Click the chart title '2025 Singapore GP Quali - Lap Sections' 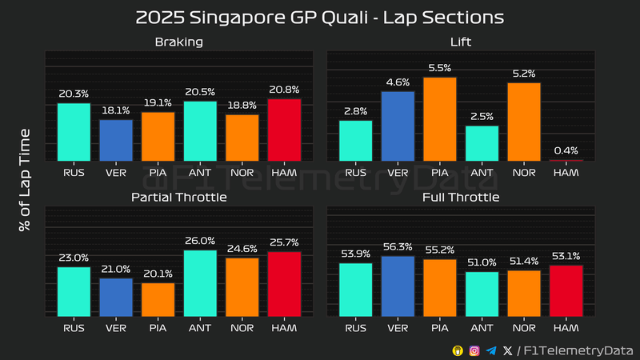pyautogui.click(x=320, y=16)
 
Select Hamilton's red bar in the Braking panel pyautogui.click(x=284, y=130)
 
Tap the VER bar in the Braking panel pyautogui.click(x=116, y=140)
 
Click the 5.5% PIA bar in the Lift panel pyautogui.click(x=440, y=119)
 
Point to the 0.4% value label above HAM pyautogui.click(x=566, y=150)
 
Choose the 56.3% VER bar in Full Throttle pyautogui.click(x=398, y=286)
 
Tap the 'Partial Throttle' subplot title pyautogui.click(x=179, y=197)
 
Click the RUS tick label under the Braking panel pyautogui.click(x=74, y=171)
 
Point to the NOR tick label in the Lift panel pyautogui.click(x=524, y=171)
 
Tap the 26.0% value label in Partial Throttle pyautogui.click(x=200, y=240)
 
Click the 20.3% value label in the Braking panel pyautogui.click(x=74, y=94)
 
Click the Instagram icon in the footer pyautogui.click(x=474, y=350)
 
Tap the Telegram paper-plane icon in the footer pyautogui.click(x=491, y=350)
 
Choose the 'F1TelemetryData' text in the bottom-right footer pyautogui.click(x=578, y=350)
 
